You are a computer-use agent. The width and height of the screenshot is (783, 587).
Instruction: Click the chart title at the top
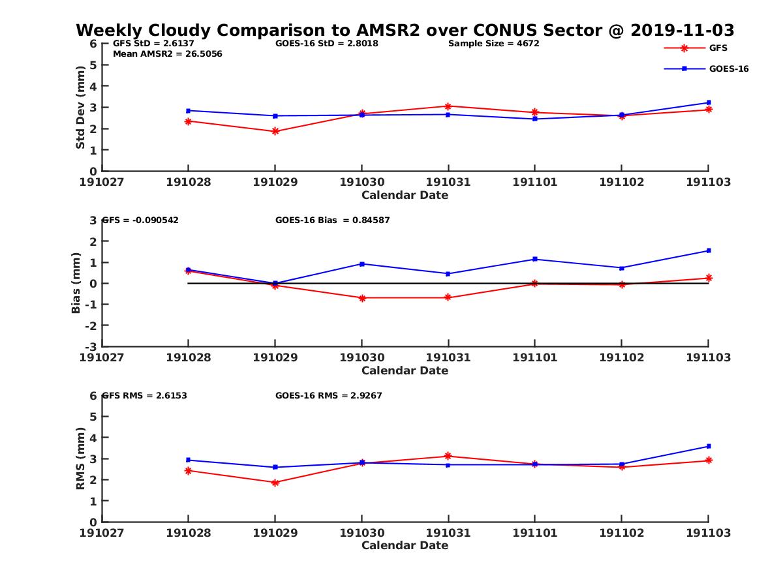pos(405,30)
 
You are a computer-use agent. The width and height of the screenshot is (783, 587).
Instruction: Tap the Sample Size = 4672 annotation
pos(493,44)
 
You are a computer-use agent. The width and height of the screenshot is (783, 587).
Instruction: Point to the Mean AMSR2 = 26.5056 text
pos(168,54)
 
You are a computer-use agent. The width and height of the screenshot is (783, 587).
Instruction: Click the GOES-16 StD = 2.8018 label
pos(327,44)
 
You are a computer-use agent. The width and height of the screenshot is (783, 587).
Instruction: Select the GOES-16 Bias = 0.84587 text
pos(332,220)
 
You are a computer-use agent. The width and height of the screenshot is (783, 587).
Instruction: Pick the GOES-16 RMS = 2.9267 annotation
pos(328,395)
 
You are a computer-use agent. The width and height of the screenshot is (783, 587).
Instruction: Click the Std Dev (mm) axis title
pos(80,107)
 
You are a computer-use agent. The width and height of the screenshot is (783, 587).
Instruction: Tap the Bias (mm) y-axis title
pos(76,283)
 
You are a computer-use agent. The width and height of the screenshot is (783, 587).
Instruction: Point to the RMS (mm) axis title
pos(80,459)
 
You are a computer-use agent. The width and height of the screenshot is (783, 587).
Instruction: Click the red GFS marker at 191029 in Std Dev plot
pos(275,131)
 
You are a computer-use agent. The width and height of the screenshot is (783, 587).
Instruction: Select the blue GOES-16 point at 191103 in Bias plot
pos(709,250)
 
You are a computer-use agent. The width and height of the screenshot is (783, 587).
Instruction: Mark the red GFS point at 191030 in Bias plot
pos(361,298)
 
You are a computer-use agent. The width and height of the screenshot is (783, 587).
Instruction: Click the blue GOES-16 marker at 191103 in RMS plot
pos(709,446)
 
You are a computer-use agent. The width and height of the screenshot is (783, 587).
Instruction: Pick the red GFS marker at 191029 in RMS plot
pos(275,483)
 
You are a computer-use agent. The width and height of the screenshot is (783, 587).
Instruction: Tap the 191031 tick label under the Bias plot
pos(448,357)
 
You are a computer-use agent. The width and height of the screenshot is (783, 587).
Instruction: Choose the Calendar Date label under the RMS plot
pos(405,545)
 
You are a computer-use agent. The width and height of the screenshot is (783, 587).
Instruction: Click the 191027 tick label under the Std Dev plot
pos(102,182)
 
